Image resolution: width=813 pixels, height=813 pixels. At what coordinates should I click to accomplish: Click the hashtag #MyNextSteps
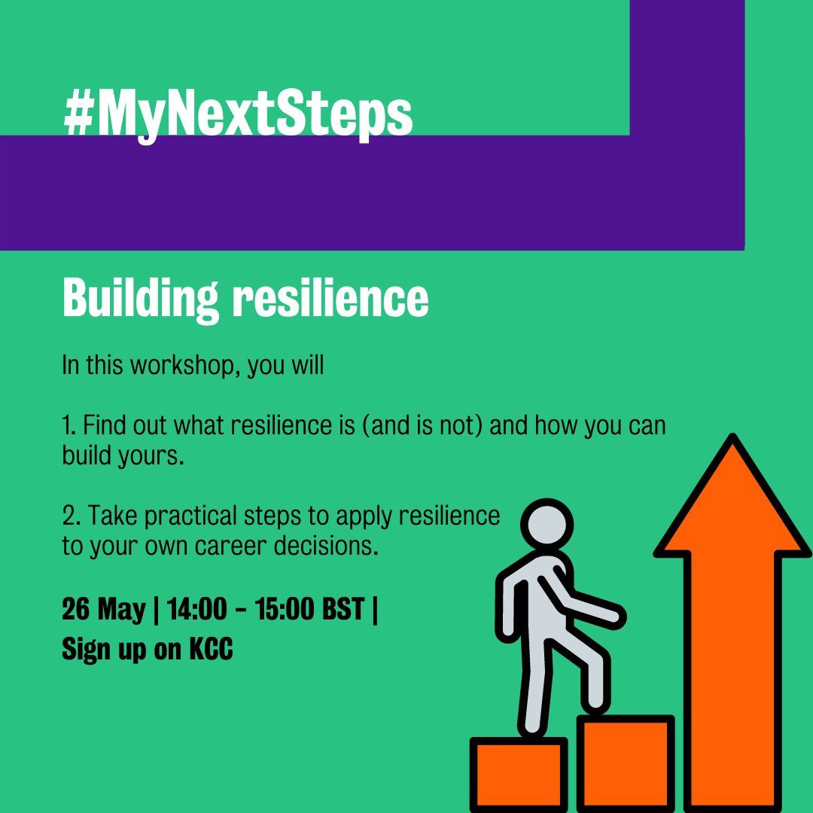[239, 115]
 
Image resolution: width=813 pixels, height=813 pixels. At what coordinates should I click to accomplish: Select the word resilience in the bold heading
[330, 300]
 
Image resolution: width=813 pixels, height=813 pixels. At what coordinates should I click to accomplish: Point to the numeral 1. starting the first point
[69, 426]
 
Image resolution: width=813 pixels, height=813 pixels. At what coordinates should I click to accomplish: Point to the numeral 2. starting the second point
[71, 516]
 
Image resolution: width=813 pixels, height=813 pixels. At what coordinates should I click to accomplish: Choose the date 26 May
[104, 609]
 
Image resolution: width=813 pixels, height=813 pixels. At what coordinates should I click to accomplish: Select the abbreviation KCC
[212, 649]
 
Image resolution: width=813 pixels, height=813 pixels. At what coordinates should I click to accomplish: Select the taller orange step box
[625, 764]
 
